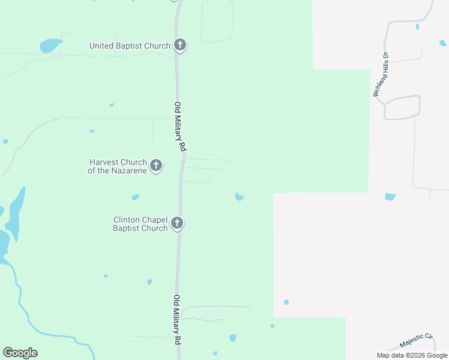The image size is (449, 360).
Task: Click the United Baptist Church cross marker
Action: (179, 44)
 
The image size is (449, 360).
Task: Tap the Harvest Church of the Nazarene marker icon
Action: (156, 165)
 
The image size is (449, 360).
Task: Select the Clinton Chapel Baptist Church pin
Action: (176, 223)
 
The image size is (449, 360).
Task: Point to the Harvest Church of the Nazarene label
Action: (118, 166)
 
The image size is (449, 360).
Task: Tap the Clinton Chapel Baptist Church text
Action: (140, 224)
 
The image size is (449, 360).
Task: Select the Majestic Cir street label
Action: (417, 341)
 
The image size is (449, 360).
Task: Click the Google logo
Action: (20, 353)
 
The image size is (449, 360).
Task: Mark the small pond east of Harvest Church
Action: (240, 197)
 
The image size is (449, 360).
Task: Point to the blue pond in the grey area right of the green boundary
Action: (390, 196)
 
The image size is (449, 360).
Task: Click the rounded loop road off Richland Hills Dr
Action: (402, 107)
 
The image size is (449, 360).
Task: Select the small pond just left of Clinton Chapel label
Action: (136, 197)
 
